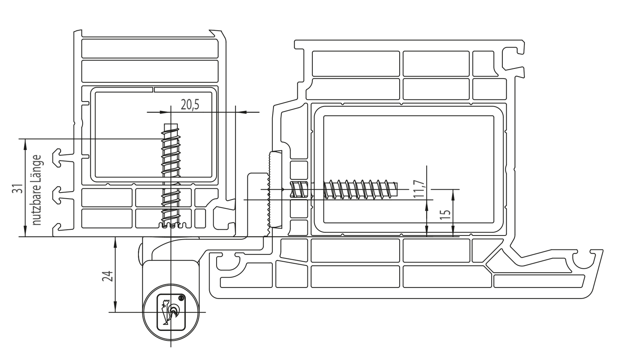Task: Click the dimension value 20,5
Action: click(x=190, y=104)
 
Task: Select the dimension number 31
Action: click(x=17, y=189)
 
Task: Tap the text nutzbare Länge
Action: click(x=36, y=190)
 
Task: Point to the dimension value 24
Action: click(x=108, y=276)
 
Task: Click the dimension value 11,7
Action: click(x=419, y=189)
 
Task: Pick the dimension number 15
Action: click(x=445, y=215)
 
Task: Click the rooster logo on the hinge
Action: click(x=170, y=312)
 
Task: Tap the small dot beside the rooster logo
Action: click(x=181, y=298)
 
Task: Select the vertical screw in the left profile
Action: click(x=171, y=176)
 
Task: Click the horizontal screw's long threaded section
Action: click(x=361, y=189)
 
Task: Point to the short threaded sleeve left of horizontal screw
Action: click(x=299, y=190)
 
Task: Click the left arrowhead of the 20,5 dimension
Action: click(x=164, y=112)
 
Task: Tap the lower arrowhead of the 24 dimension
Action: click(x=115, y=308)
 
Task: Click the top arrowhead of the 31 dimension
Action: click(x=25, y=143)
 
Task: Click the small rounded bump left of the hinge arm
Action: click(x=140, y=251)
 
